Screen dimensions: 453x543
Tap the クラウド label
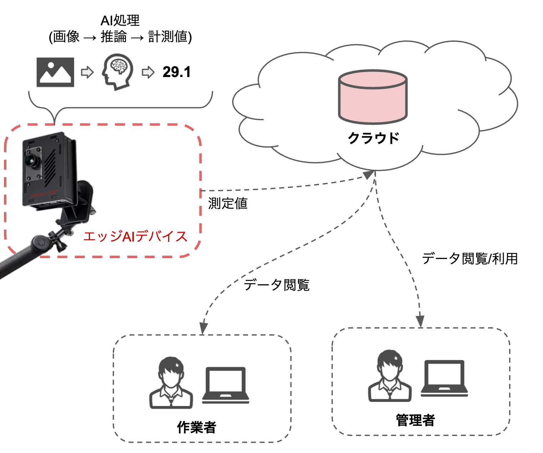[373, 138]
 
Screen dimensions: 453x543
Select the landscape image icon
[55, 72]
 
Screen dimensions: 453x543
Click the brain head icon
[118, 73]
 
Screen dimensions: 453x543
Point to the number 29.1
[176, 72]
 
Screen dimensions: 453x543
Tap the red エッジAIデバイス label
[136, 236]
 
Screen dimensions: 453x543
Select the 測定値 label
[228, 203]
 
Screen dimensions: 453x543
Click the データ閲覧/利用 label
[470, 259]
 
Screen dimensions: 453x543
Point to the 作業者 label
[197, 427]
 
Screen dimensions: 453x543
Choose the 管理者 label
[415, 420]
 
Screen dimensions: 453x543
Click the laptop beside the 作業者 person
[225, 387]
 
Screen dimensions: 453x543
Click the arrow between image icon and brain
[87, 72]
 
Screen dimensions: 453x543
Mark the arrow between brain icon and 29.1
[148, 72]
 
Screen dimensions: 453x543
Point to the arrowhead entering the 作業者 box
[203, 327]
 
